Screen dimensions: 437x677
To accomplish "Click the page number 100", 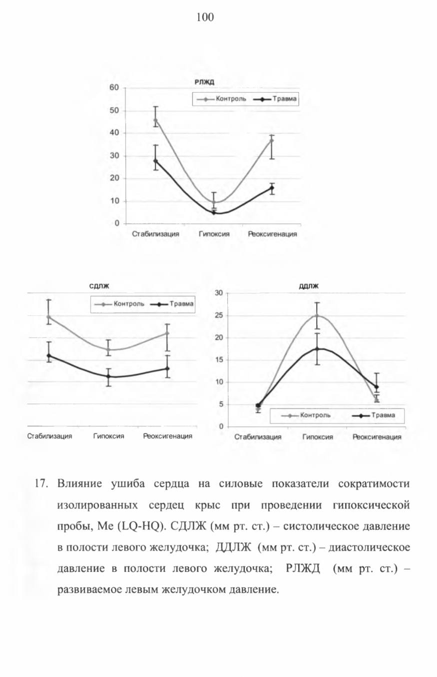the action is click(205, 17).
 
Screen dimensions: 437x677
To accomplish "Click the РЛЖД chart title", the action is click(204, 82).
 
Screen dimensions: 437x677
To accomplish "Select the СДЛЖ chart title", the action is click(99, 286).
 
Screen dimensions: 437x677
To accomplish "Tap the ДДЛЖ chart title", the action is click(309, 286).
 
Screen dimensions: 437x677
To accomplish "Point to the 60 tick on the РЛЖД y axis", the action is click(114, 87).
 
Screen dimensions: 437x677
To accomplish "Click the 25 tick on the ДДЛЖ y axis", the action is click(219, 315).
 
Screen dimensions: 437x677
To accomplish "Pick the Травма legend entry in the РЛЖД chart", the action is click(275, 99).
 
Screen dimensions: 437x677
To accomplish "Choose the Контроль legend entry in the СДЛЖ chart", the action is click(119, 303).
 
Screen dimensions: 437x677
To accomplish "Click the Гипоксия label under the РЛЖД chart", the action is click(214, 234).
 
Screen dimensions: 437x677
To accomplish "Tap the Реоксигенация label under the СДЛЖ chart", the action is click(167, 436).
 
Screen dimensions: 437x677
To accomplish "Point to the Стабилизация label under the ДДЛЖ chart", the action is click(258, 436).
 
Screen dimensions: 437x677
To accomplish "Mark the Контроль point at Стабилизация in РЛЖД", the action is click(155, 120).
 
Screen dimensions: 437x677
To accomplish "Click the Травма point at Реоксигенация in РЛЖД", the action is click(272, 187).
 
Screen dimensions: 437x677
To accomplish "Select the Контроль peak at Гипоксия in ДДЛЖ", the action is click(317, 315).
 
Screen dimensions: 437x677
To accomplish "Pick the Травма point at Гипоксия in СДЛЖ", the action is click(108, 376).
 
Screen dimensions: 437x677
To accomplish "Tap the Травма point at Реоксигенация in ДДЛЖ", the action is click(377, 386).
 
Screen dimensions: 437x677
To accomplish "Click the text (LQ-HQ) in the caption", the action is click(141, 526).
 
